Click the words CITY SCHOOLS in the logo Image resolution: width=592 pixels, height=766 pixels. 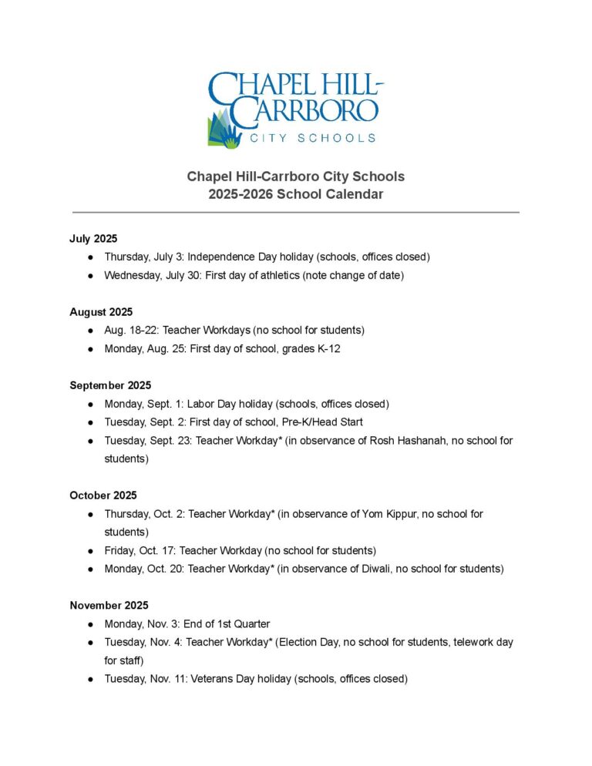coord(312,138)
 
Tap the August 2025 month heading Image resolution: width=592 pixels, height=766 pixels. coord(101,312)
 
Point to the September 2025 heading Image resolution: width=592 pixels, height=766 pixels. coord(110,385)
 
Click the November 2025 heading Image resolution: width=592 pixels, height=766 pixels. coord(109,606)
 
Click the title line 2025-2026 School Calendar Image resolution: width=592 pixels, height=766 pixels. coord(295,194)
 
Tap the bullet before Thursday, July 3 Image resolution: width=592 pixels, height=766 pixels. coord(91,257)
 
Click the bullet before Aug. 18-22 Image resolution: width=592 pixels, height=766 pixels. coord(91,330)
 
